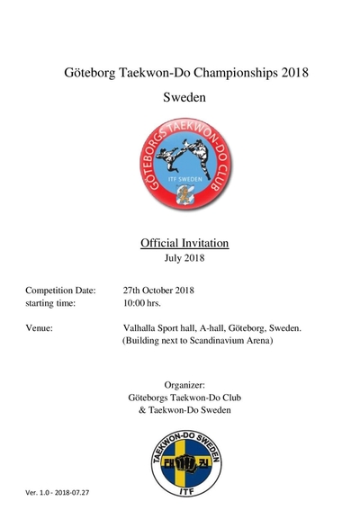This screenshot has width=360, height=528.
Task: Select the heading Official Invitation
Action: tap(184, 243)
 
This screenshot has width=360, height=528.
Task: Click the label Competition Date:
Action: tap(62, 291)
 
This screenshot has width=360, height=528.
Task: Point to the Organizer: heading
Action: tap(185, 385)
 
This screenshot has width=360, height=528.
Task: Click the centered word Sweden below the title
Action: tap(184, 96)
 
